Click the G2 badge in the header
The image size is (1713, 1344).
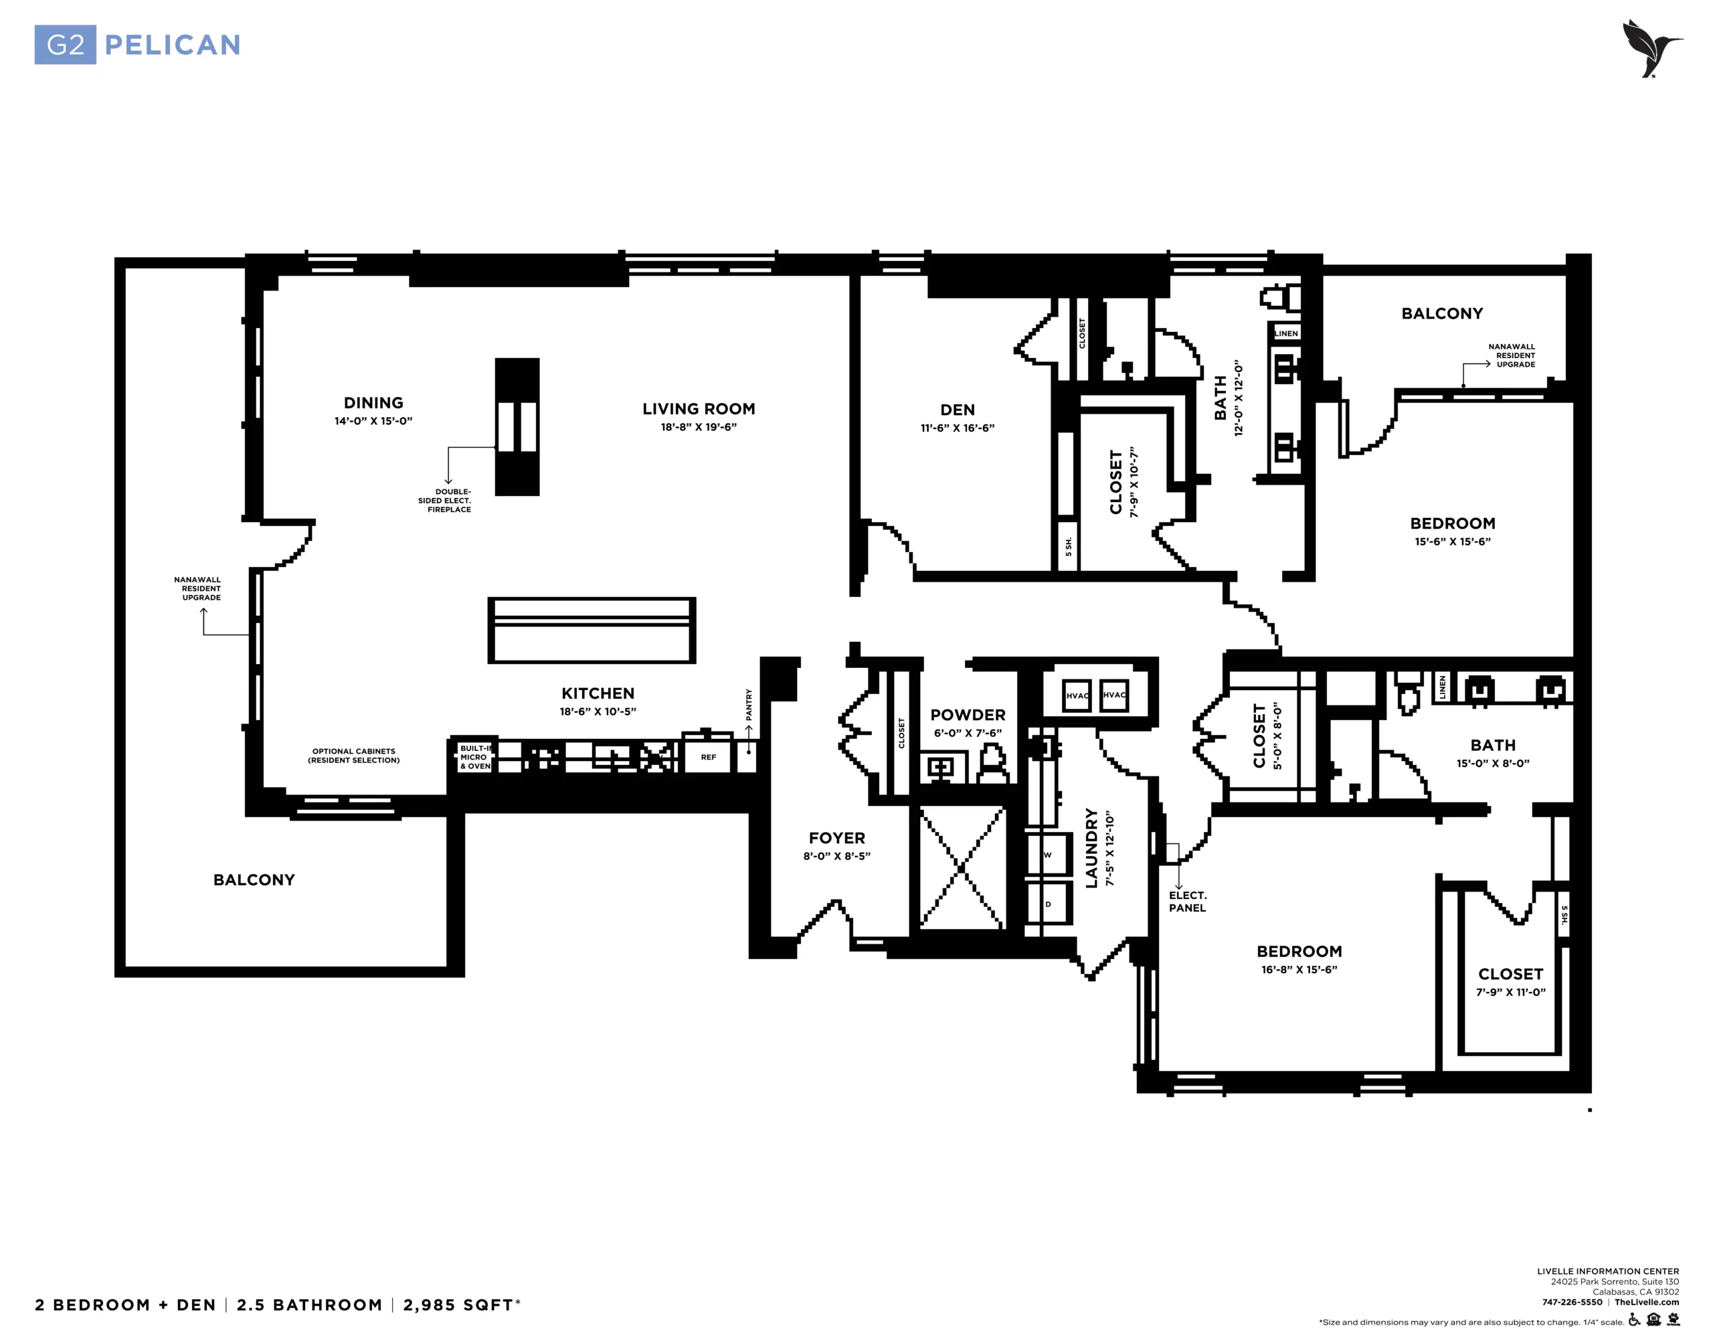click(66, 45)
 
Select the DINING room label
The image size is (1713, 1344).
click(373, 403)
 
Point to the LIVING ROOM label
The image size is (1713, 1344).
click(699, 409)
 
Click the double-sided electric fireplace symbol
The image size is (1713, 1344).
click(517, 426)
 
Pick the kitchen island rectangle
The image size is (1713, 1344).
click(592, 631)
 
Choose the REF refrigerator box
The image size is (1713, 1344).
click(708, 756)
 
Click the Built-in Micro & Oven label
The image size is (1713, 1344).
click(475, 757)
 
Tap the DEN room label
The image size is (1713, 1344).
click(957, 410)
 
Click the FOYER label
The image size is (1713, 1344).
click(837, 838)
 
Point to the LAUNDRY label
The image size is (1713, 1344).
click(1091, 848)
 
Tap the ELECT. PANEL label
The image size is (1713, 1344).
click(1188, 902)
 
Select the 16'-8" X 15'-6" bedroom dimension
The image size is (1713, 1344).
click(1299, 969)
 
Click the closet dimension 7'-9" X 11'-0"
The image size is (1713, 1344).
click(1511, 992)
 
